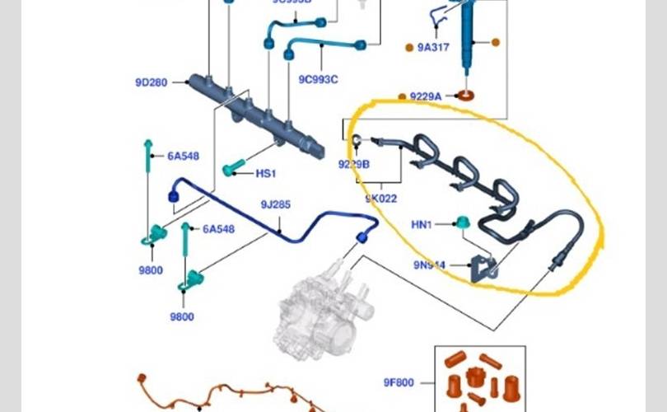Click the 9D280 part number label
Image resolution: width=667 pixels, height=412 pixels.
coord(152,82)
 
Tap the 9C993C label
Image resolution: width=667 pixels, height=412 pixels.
coord(319,79)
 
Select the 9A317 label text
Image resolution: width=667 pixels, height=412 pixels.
coord(433,48)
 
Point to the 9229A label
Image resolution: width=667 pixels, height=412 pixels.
coord(426,96)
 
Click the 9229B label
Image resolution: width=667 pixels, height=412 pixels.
coord(354,164)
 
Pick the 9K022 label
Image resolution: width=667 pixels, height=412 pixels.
coord(380,199)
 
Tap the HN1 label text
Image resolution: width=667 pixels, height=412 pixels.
coord(422,224)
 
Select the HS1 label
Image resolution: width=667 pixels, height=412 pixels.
coord(265,174)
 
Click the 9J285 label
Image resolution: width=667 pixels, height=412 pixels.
coord(276,204)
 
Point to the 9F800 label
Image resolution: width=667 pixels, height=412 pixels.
coord(399,382)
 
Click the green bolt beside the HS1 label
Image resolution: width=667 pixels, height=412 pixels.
coord(231,170)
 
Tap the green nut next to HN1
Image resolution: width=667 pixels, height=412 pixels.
coord(463,222)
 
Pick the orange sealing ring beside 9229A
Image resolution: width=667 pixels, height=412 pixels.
coord(466,96)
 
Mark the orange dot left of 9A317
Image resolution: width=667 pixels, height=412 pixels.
coord(409,48)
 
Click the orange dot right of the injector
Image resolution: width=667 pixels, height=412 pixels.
coord(496,41)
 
